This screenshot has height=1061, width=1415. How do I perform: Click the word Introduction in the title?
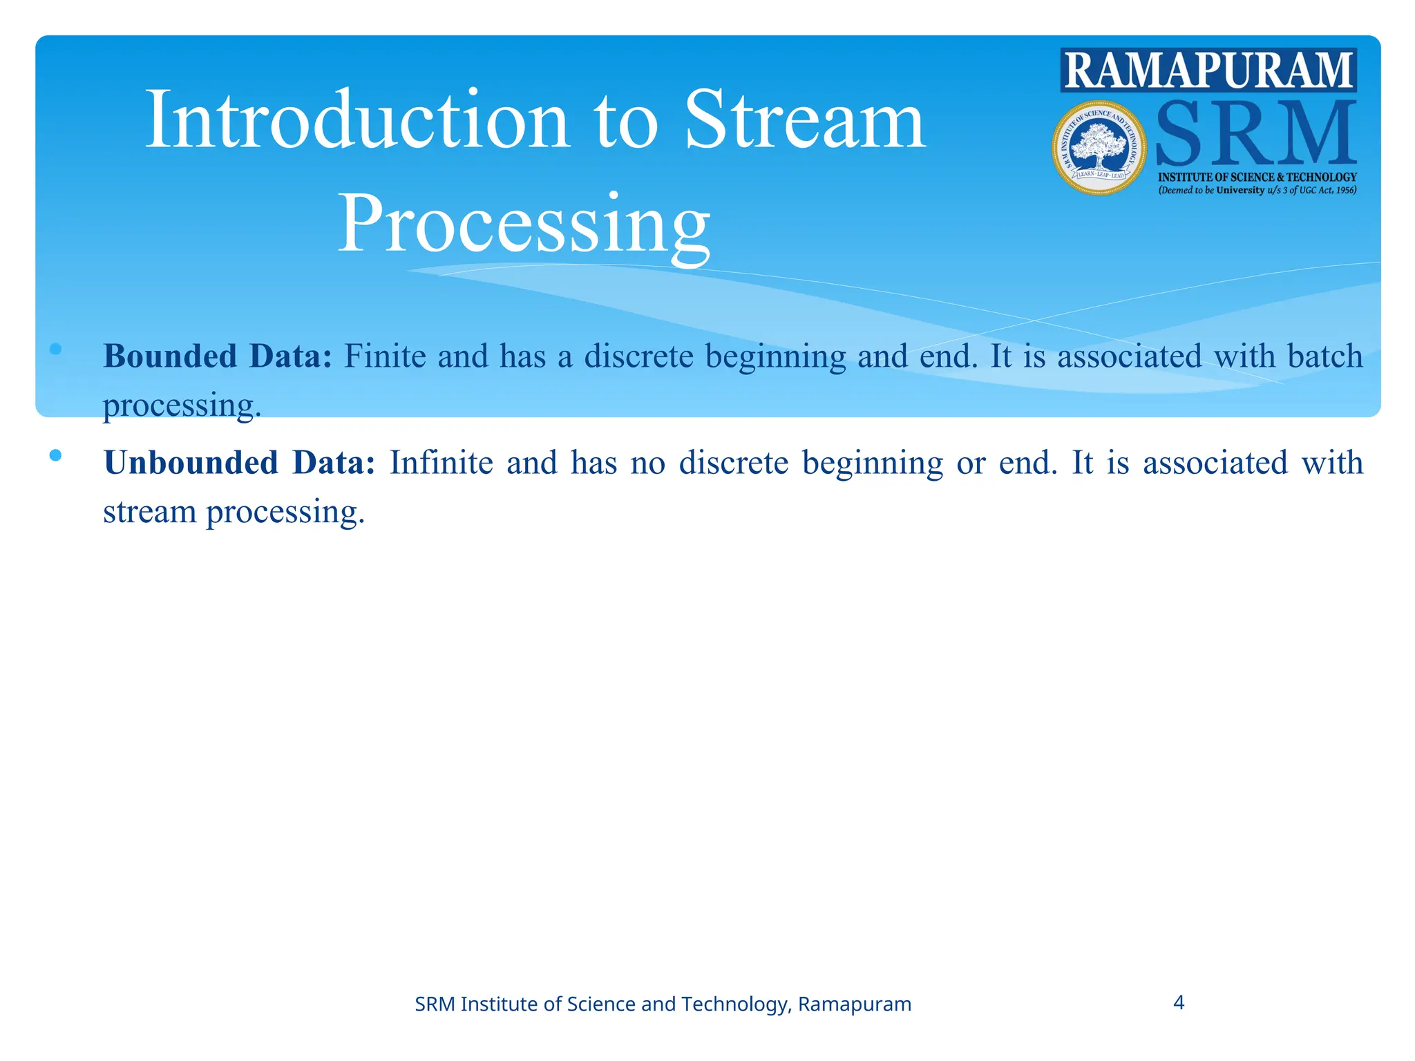point(357,120)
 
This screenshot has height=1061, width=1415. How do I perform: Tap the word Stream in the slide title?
point(804,120)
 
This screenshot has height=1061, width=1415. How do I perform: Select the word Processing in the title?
point(523,225)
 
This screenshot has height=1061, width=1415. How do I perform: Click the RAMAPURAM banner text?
point(1208,70)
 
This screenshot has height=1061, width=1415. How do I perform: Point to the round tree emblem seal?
point(1099,148)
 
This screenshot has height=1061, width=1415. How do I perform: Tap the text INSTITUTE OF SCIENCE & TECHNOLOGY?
point(1257,178)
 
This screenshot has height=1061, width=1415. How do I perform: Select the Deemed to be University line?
point(1257,190)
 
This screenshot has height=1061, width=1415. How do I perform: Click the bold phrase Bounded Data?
point(218,356)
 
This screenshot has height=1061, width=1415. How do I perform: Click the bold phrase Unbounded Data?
point(239,463)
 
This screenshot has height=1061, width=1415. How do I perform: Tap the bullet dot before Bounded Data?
point(56,350)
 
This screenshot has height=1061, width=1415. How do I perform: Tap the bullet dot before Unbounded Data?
point(56,455)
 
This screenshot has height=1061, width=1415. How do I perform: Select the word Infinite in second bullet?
point(441,463)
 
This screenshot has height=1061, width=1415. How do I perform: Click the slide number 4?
point(1179,1002)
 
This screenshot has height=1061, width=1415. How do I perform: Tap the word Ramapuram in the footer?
point(854,1004)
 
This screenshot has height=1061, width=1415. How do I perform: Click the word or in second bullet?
point(970,463)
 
